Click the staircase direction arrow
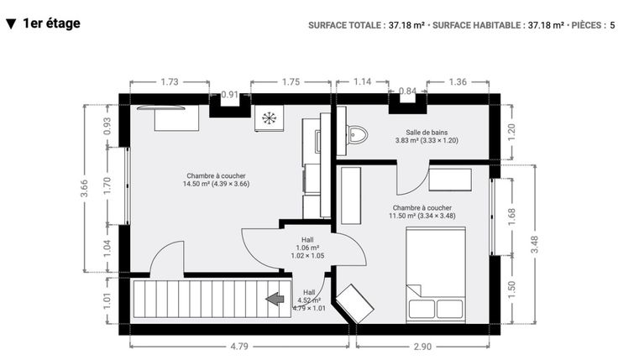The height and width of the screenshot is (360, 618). click(275, 299)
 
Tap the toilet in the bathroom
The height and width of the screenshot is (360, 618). click(357, 135)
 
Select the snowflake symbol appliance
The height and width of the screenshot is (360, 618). click(269, 117)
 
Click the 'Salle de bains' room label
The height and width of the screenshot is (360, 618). click(427, 133)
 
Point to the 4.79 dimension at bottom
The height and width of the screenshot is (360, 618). click(239, 347)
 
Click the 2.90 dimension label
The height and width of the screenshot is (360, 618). click(422, 347)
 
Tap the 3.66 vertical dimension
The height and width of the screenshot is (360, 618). click(84, 188)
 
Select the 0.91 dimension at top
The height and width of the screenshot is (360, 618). click(230, 95)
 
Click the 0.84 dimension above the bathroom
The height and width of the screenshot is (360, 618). click(407, 91)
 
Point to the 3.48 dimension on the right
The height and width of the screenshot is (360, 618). click(534, 244)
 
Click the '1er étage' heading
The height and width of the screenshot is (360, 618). click(51, 23)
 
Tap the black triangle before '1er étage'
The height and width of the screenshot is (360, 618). click(11, 24)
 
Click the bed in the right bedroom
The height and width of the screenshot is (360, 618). click(436, 275)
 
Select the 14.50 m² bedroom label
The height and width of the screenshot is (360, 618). click(216, 180)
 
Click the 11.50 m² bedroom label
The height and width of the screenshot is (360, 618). click(422, 211)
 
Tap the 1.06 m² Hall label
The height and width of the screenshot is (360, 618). click(307, 248)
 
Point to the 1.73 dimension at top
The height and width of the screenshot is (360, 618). click(170, 82)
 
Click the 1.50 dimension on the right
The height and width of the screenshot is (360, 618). click(511, 290)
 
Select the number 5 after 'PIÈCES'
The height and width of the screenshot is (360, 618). click(612, 25)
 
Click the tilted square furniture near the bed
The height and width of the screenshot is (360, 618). click(354, 304)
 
